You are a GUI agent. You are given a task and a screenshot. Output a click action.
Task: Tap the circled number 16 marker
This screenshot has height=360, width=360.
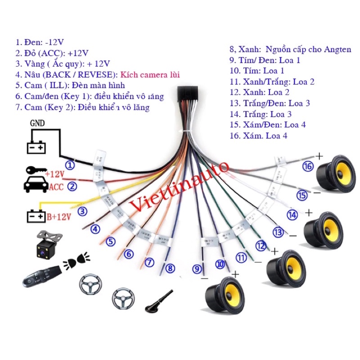308,166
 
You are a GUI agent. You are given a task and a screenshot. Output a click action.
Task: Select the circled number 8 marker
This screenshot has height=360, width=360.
170,269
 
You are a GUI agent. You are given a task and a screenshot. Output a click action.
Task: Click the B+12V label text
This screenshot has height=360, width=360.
59,217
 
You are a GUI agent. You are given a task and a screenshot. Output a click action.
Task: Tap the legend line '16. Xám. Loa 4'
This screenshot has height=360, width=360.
258,135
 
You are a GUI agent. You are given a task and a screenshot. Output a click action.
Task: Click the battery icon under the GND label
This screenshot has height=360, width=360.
37,147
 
